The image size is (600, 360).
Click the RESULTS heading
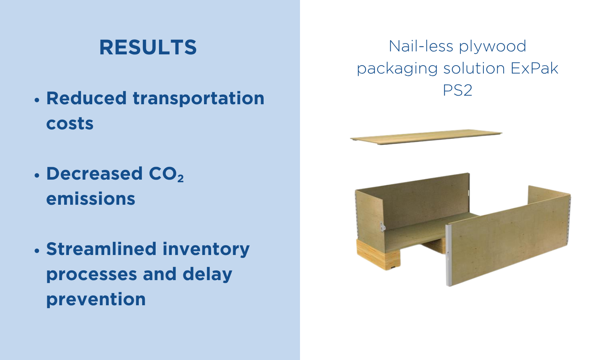(x=148, y=47)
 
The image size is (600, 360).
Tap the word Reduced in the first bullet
(x=86, y=98)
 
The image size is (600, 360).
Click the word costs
(x=70, y=123)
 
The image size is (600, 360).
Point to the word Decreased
(x=94, y=173)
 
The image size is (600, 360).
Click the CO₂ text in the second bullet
(x=166, y=174)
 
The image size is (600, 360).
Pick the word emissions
(x=90, y=198)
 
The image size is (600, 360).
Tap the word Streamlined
(x=101, y=249)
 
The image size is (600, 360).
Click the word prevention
(x=96, y=300)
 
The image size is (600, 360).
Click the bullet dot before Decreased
(x=37, y=175)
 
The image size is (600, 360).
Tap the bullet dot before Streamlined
(x=37, y=250)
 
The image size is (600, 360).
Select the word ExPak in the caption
(x=534, y=68)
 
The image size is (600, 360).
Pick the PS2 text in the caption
(x=457, y=90)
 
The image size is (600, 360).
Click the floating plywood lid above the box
(x=426, y=137)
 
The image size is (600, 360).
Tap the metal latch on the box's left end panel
(x=382, y=226)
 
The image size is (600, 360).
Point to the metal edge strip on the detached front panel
(x=448, y=255)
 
